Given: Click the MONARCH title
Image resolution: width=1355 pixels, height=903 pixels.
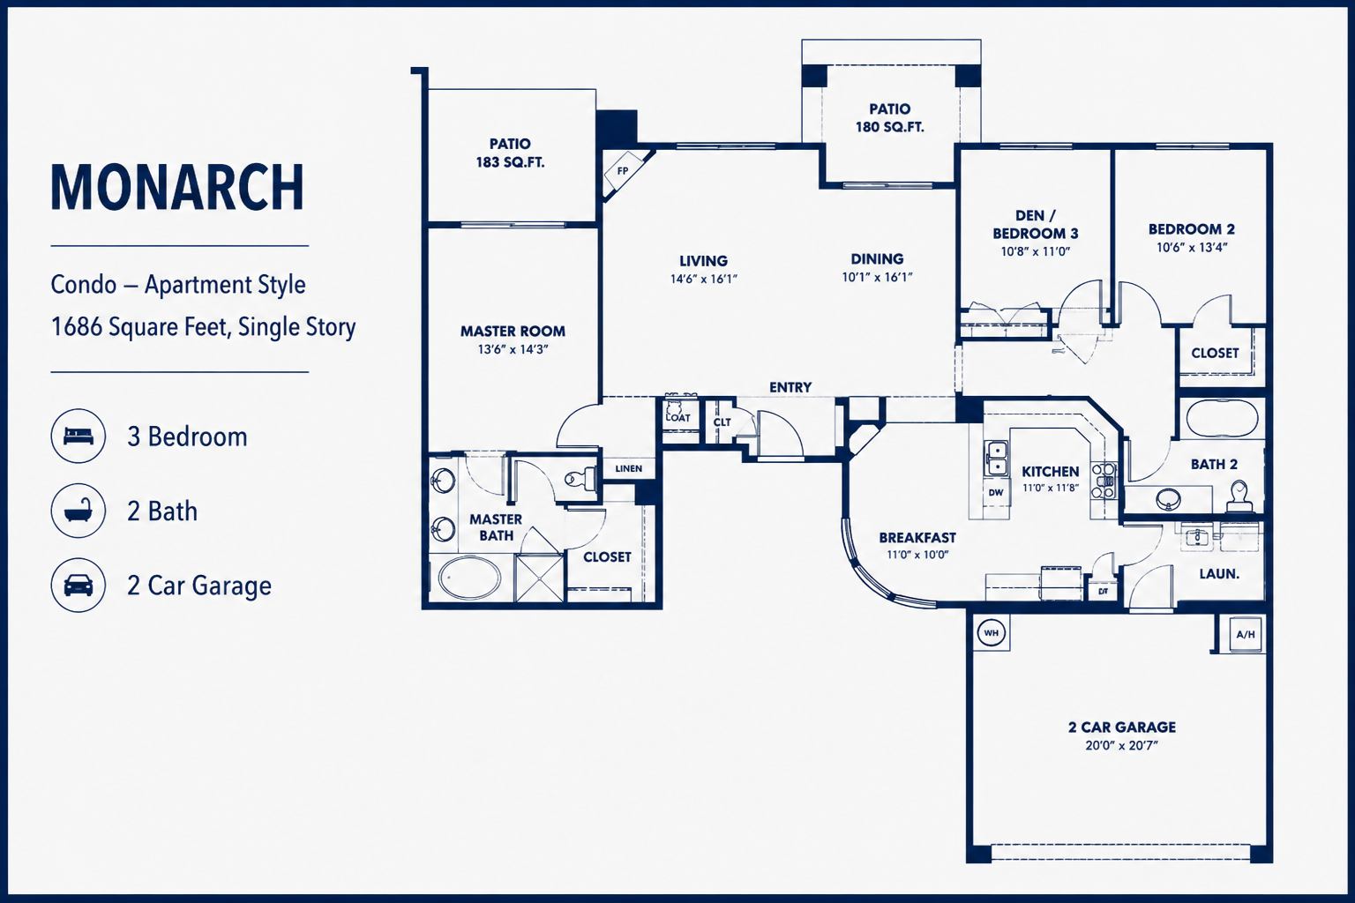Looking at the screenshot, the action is click(x=176, y=188).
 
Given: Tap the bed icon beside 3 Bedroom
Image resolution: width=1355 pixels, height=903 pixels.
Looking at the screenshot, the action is click(x=78, y=437).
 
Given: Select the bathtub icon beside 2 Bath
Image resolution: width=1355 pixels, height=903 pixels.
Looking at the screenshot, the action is click(x=78, y=511).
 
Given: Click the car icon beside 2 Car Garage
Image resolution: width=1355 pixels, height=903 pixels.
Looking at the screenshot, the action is click(x=78, y=585).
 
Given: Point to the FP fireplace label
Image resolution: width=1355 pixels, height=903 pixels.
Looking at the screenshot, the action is click(x=623, y=171).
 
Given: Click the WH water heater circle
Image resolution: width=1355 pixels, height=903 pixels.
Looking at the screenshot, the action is click(x=991, y=633).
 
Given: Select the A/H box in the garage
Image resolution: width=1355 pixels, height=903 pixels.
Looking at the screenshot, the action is click(x=1246, y=634).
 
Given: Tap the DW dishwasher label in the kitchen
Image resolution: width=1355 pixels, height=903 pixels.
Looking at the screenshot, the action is click(x=996, y=492).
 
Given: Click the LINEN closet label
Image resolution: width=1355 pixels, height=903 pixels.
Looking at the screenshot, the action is click(x=628, y=469).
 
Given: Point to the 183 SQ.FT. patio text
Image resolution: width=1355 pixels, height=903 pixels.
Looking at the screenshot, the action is click(x=510, y=162).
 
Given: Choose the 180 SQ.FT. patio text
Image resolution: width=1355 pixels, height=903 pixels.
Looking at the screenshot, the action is click(x=889, y=127).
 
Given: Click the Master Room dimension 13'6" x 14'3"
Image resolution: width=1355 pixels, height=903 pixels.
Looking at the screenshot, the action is click(x=513, y=349).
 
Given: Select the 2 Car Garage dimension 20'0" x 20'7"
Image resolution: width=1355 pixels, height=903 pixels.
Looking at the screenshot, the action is click(x=1121, y=745).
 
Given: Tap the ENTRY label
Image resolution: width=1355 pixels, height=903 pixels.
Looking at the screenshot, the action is click(x=790, y=387).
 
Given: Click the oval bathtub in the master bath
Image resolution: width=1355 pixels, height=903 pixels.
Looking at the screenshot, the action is click(x=469, y=578).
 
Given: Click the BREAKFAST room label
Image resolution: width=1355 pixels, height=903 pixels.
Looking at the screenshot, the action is click(x=917, y=538).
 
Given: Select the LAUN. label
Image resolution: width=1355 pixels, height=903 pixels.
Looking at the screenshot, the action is click(x=1219, y=574).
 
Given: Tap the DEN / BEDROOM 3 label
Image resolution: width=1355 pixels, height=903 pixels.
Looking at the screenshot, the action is click(x=1035, y=224).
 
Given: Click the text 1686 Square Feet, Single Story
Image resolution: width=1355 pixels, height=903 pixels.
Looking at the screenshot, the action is click(x=203, y=327).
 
